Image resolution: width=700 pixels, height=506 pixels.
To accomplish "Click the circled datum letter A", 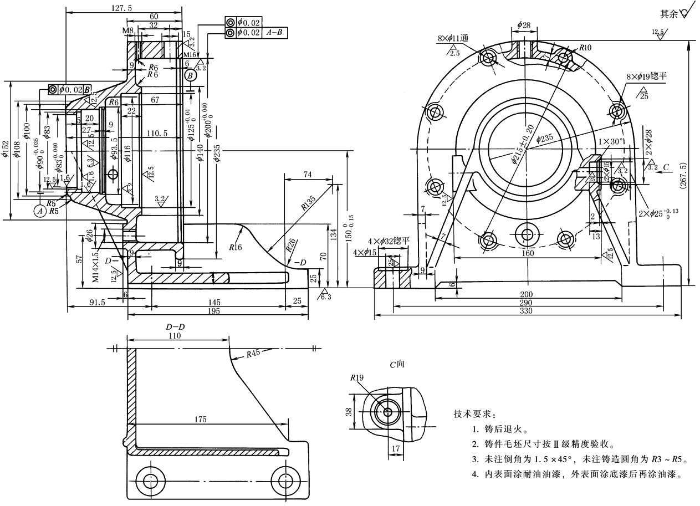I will [x=39, y=211].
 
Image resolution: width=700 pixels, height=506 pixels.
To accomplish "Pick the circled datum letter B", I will [x=190, y=75].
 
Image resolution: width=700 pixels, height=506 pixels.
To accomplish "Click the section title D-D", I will [x=175, y=327].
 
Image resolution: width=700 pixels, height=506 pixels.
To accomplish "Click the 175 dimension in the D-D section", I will [x=201, y=420].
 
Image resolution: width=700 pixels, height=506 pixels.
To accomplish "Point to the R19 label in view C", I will [x=356, y=378].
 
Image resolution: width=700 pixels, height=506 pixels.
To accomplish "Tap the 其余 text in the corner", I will [x=668, y=13].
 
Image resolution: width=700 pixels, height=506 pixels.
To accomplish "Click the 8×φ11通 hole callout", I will [x=453, y=38].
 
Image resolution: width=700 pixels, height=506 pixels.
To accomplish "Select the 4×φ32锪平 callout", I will [x=389, y=241].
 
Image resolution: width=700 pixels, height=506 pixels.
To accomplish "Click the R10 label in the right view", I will [x=586, y=48].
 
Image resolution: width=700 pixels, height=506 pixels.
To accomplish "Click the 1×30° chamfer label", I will [x=611, y=142].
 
